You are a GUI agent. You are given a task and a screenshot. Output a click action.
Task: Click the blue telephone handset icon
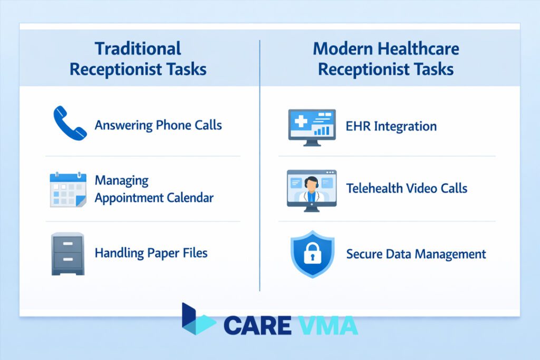click(70, 123)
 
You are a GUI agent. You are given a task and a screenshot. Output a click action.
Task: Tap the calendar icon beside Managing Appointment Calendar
click(67, 189)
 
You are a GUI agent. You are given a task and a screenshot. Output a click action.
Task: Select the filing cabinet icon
click(67, 254)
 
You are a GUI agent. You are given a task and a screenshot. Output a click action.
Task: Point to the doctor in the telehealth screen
click(312, 189)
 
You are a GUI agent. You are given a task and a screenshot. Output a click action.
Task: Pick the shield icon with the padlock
click(313, 254)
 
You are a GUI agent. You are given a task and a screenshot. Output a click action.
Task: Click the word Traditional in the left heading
click(138, 49)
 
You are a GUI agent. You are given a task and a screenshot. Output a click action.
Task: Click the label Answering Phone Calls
click(158, 125)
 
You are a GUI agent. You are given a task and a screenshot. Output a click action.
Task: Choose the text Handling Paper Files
click(151, 253)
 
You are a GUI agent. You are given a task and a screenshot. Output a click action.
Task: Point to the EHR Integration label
click(391, 127)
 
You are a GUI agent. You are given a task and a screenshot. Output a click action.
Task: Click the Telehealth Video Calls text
click(407, 188)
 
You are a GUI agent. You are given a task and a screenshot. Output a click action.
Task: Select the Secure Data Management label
click(416, 254)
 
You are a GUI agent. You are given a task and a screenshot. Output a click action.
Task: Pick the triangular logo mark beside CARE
click(197, 319)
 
